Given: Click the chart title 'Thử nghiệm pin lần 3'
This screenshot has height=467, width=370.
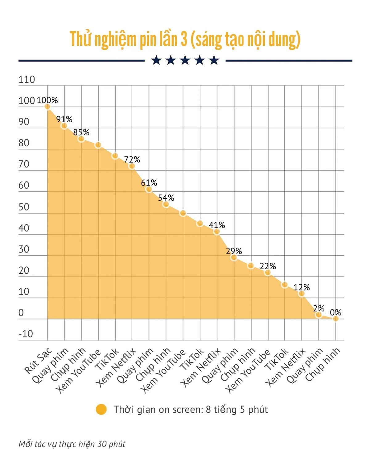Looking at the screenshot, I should click(x=185, y=40).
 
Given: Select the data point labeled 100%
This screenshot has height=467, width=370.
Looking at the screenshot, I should click(x=47, y=107).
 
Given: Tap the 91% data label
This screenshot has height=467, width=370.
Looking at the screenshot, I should click(x=64, y=119).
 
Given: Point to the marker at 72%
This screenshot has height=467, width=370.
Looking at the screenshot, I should click(x=132, y=166).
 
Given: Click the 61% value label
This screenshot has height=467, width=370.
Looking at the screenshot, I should click(x=149, y=183).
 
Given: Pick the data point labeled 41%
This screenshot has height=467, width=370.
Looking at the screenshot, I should click(x=217, y=231).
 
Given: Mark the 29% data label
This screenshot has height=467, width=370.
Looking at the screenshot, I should click(x=234, y=251).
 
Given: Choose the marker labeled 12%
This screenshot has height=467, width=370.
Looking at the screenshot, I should click(x=302, y=294).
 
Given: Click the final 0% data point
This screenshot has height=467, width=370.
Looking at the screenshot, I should click(x=335, y=319).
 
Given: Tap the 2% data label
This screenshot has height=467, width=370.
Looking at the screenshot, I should click(x=319, y=308).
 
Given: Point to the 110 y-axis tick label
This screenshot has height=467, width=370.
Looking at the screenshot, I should click(x=27, y=80).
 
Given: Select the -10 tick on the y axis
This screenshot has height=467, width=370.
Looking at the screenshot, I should click(x=26, y=334).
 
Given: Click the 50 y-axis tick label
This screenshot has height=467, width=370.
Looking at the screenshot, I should click(x=24, y=207).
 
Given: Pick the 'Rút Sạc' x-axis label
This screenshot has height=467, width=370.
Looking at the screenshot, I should click(x=38, y=361).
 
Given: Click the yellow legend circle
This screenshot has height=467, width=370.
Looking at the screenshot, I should click(x=101, y=410).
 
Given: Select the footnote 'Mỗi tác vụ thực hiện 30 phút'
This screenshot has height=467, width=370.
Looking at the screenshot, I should click(x=72, y=444).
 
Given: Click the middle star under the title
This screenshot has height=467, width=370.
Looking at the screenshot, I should click(x=185, y=60).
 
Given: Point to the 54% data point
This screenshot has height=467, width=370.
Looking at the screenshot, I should click(x=166, y=204).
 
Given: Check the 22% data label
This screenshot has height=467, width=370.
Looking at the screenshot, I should click(x=268, y=266).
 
